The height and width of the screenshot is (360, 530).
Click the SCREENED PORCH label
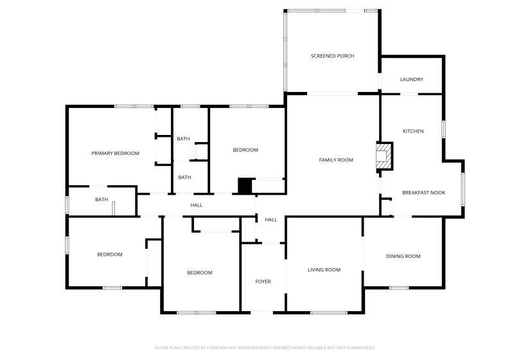pos(332,56)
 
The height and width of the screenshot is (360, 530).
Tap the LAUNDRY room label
pos(411,80)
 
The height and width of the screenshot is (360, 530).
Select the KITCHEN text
pos(412,131)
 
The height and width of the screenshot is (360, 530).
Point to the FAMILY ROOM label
pos(336,159)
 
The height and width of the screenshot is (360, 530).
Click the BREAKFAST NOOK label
pos(423,192)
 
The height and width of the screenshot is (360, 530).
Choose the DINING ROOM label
pos(403,256)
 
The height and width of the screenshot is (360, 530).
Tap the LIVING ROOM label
pos(324,269)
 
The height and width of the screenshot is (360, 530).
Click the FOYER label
pos(263,282)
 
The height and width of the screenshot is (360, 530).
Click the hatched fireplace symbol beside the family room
pos(383,156)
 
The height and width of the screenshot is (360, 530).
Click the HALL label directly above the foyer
pos(270,220)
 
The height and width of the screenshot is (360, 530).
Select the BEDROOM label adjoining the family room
pos(245,150)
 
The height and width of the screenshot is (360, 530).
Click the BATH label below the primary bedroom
pos(102,199)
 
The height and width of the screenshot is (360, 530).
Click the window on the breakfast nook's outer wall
pos(463,189)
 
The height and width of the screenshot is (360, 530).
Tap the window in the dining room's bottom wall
pos(398,287)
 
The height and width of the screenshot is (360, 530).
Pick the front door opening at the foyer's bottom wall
pos(262,312)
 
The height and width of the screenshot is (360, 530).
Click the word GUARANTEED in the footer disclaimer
pos(360,348)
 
